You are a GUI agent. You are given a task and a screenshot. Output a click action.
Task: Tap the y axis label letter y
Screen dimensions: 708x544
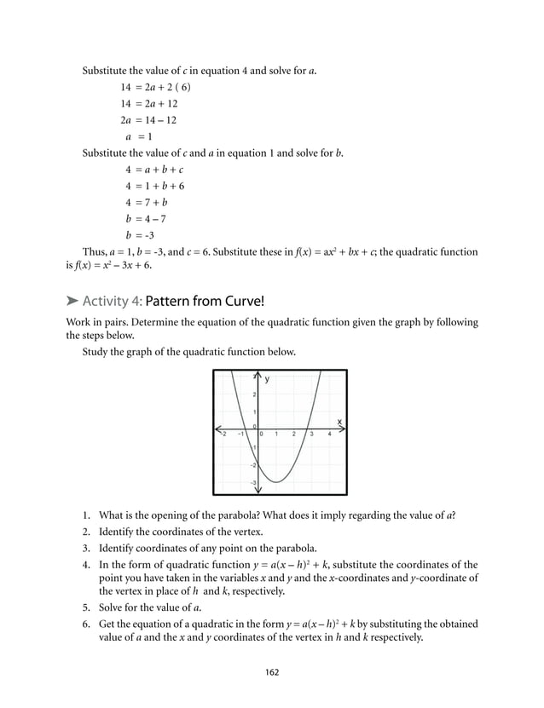pos(266,379)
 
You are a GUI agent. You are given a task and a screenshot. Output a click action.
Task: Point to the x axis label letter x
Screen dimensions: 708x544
pos(339,421)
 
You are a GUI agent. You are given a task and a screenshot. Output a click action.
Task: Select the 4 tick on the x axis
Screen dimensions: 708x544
pos(329,435)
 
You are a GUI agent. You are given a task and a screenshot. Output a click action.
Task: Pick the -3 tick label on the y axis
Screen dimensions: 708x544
pos(252,482)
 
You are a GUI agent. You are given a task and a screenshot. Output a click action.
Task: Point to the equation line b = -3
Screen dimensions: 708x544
pos(140,235)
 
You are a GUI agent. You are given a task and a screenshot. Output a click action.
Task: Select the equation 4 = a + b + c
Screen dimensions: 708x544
pos(154,170)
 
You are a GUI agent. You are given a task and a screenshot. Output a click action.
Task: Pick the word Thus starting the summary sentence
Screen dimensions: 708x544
pos(94,252)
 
